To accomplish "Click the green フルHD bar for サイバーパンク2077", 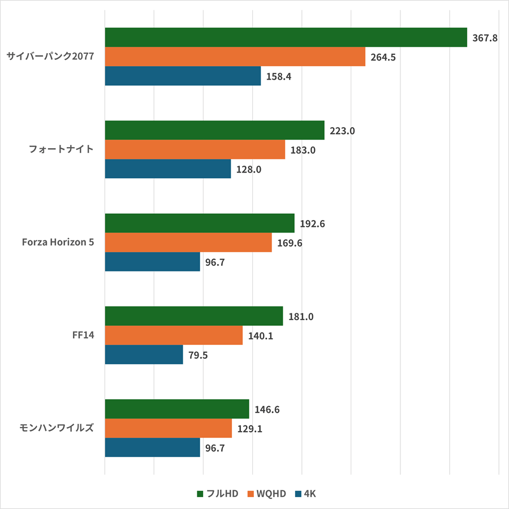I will tap(286, 38).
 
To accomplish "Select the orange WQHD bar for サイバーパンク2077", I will tap(235, 57).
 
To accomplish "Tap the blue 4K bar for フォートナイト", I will tap(168, 169).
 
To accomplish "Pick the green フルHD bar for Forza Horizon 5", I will tap(200, 223).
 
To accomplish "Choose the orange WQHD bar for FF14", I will tap(174, 335).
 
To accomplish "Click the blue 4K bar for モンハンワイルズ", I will tap(153, 447).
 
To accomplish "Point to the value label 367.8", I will tap(485, 38).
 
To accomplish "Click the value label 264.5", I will tap(383, 57).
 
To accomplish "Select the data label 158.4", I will tap(278, 76).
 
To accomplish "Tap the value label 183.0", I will tap(303, 150).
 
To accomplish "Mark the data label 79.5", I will tap(198, 355).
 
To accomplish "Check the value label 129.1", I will tap(249, 429).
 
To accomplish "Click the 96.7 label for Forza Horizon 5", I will tap(215, 262).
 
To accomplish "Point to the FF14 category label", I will tap(83, 335).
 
